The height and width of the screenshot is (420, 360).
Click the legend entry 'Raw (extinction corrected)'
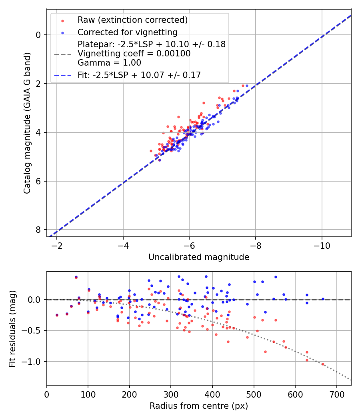pyautogui.click(x=132, y=20)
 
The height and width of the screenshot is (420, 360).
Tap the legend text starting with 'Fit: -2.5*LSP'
pyautogui.click(x=139, y=75)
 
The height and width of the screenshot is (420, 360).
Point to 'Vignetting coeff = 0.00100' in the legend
pyautogui.click(x=134, y=53)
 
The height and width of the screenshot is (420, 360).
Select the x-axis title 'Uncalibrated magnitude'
pyautogui.click(x=199, y=257)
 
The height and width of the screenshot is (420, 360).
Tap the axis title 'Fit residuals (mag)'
pyautogui.click(x=12, y=328)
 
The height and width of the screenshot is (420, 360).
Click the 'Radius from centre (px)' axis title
pyautogui.click(x=199, y=406)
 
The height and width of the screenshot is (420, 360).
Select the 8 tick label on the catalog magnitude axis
pyautogui.click(x=38, y=230)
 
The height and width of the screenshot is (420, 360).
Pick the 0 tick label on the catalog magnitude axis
pyautogui.click(x=38, y=35)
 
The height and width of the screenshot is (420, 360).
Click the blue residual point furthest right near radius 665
pyautogui.click(x=323, y=299)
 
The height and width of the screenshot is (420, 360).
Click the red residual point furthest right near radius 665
pyautogui.click(x=322, y=364)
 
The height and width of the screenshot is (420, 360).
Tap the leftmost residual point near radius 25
pyautogui.click(x=57, y=315)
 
